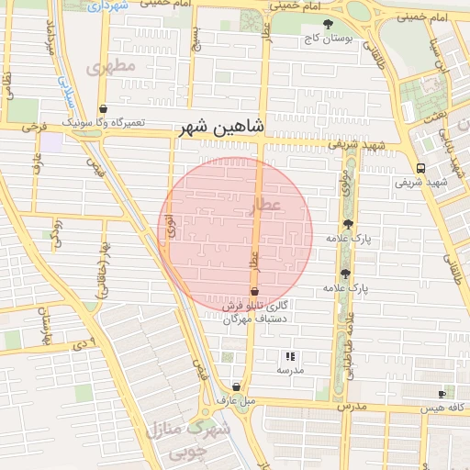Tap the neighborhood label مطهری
[x=110, y=67]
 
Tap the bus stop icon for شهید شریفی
[x=420, y=168]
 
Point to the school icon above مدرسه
[x=290, y=356]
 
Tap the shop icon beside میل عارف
[x=238, y=387]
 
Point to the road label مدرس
[x=350, y=406]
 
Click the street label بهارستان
[x=42, y=321]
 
